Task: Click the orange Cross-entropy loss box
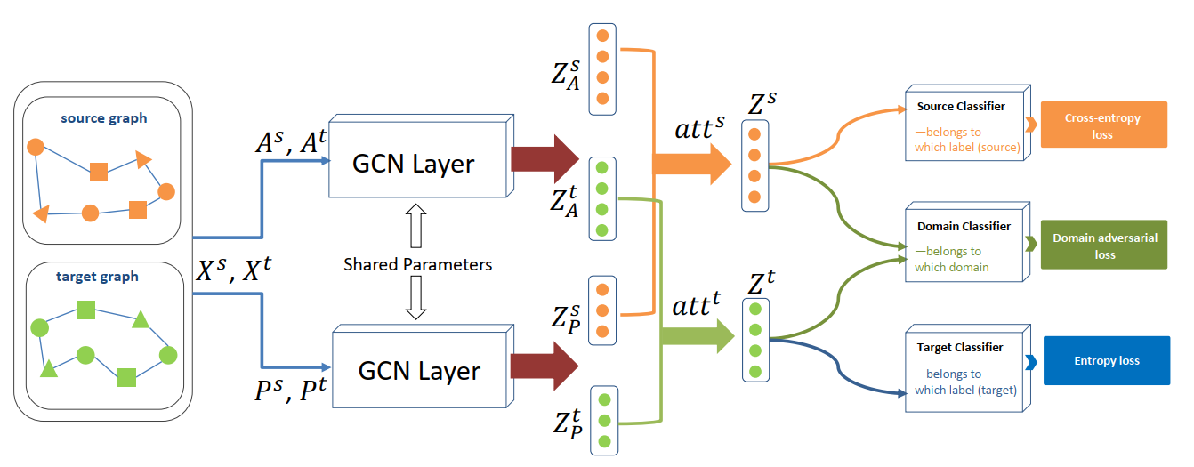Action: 1102,125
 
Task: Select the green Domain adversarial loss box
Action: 1103,246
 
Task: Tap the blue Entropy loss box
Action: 1106,360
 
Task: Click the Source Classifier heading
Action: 961,107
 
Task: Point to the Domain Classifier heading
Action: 964,227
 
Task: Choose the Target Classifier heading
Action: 960,347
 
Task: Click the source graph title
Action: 104,118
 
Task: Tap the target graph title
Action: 97,276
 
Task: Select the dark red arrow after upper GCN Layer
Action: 545,159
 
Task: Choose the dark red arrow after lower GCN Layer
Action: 545,366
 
